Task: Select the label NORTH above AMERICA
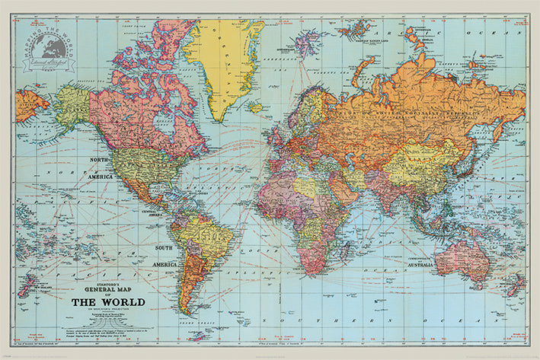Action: click(x=102, y=161)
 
